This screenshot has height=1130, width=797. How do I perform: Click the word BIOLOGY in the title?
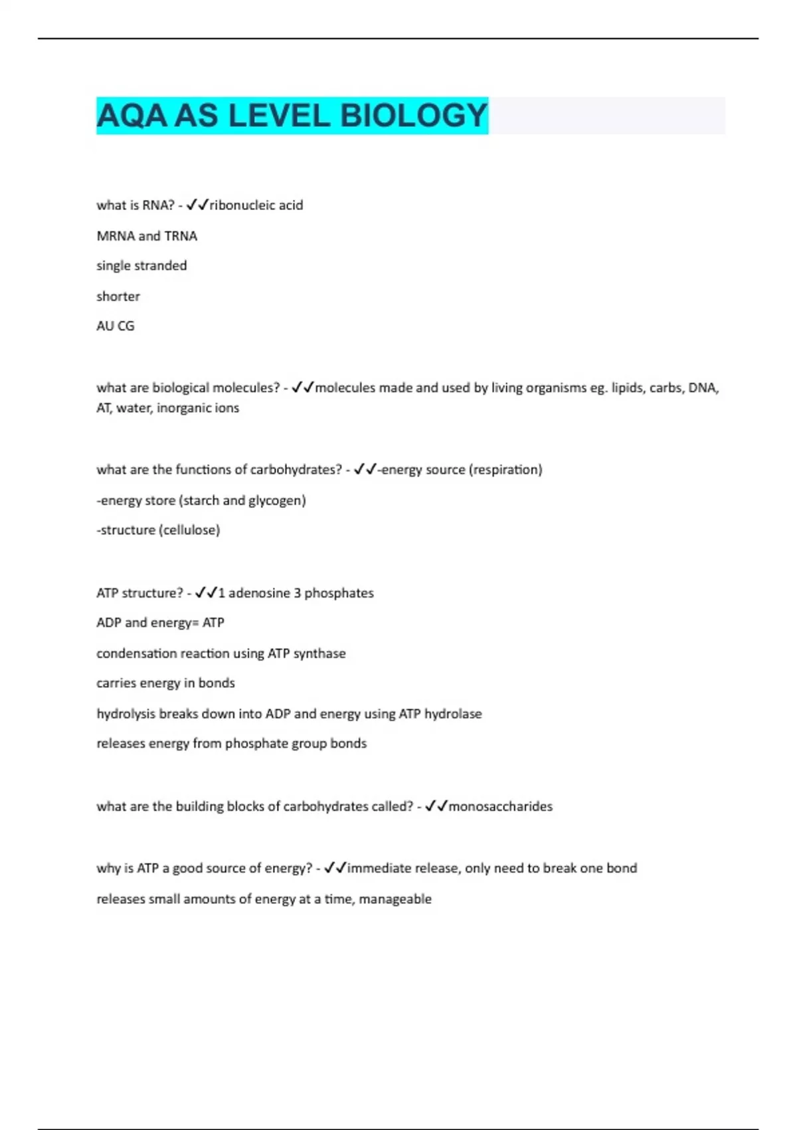coord(414,116)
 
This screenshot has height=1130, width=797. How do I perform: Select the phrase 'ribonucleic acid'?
coord(256,205)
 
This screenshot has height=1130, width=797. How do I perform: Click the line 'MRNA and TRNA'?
coord(147,236)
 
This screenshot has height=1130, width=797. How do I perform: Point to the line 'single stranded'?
coord(141,266)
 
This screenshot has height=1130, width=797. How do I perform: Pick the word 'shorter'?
coord(118,296)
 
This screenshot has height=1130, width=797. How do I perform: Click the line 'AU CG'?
coord(116,326)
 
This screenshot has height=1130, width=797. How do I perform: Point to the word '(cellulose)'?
coord(190,530)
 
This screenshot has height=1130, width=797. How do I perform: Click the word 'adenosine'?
coord(260,593)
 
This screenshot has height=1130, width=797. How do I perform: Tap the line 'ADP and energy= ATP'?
coord(160,623)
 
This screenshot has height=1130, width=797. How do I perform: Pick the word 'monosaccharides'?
coord(501,806)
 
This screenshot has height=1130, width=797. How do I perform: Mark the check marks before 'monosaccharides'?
coord(436,806)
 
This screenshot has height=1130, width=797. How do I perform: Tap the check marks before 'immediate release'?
coord(335,868)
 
